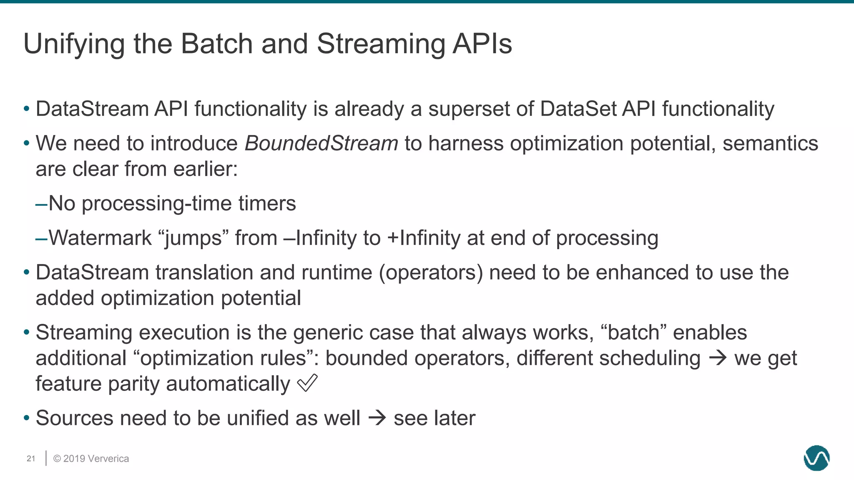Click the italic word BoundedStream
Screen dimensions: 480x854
point(321,143)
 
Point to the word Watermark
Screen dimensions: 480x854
point(100,238)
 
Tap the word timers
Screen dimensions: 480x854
point(267,204)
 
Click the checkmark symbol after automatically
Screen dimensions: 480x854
point(307,383)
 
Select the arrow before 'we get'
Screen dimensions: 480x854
point(718,357)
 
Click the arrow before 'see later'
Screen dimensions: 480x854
point(377,417)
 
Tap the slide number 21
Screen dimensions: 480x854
point(31,459)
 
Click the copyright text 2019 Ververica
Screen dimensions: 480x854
point(91,459)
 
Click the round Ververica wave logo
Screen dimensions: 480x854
point(816,458)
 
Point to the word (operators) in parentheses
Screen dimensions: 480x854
point(431,273)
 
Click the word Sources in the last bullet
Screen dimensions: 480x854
point(74,418)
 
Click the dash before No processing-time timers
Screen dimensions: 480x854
point(41,204)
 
